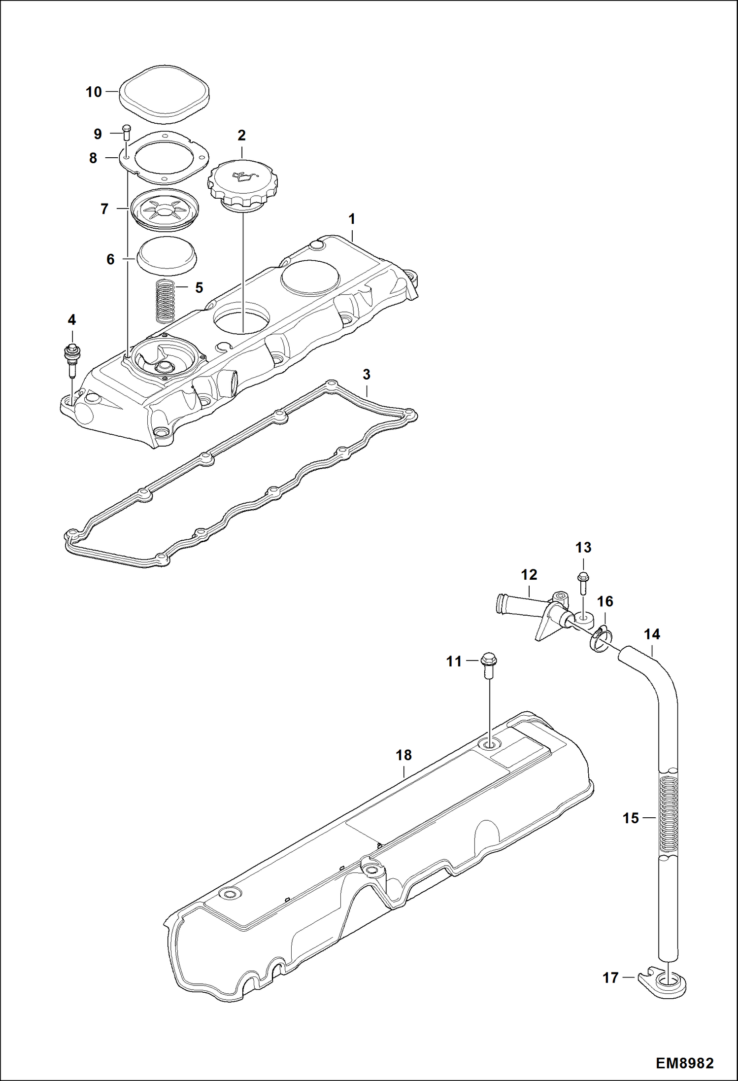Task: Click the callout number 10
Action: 94,92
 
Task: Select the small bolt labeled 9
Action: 126,133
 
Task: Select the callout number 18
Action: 403,768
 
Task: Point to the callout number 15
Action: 631,818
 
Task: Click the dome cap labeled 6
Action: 166,253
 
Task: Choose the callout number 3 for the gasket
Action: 366,375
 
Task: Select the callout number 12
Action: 529,575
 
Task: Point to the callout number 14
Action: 652,634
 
